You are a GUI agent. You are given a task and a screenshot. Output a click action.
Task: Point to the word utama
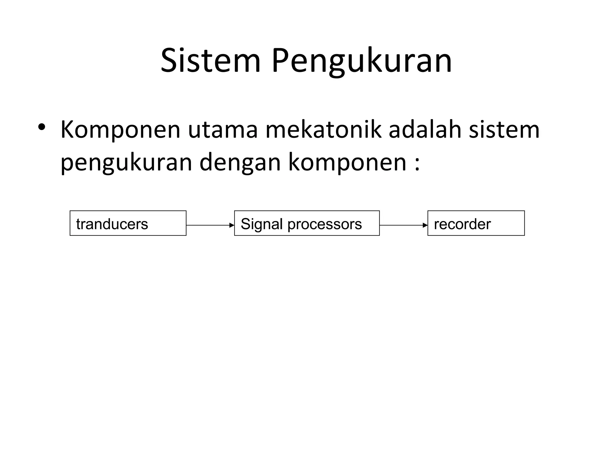(x=223, y=130)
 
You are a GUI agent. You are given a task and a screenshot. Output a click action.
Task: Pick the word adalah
(x=425, y=129)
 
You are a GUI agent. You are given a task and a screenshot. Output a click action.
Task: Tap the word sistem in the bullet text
(x=504, y=129)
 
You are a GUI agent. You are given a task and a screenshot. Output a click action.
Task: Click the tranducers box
(x=128, y=223)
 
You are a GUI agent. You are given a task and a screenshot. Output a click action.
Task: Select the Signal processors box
(x=307, y=223)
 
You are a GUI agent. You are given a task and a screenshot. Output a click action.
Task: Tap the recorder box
(x=476, y=223)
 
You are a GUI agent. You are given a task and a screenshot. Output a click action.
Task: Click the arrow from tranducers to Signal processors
(x=210, y=225)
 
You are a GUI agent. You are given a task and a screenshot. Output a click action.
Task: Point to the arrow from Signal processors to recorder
(x=403, y=225)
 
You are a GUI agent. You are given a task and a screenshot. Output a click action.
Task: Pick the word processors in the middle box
(x=325, y=224)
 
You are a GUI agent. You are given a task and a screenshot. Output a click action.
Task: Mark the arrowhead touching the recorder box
(x=425, y=225)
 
